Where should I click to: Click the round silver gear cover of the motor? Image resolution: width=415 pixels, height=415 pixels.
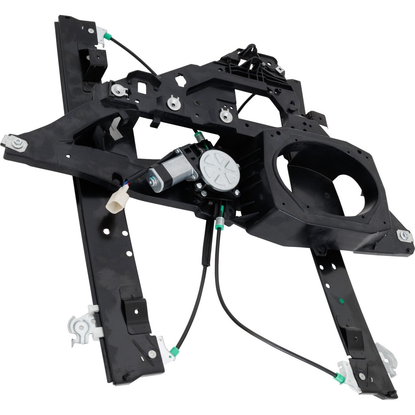point(220,170)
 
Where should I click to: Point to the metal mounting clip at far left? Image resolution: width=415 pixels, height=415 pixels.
point(15,143)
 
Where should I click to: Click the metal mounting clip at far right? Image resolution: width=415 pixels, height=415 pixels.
point(404,236)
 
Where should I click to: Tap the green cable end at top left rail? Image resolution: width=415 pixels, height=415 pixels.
point(107,37)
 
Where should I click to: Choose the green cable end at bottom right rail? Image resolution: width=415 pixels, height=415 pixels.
point(339,378)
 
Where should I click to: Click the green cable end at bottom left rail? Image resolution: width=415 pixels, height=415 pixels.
point(175,352)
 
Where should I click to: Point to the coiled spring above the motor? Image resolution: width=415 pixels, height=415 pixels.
point(200,137)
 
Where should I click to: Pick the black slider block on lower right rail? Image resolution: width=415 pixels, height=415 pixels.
point(354,338)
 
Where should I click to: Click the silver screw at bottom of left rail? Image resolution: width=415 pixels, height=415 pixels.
point(152,354)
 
